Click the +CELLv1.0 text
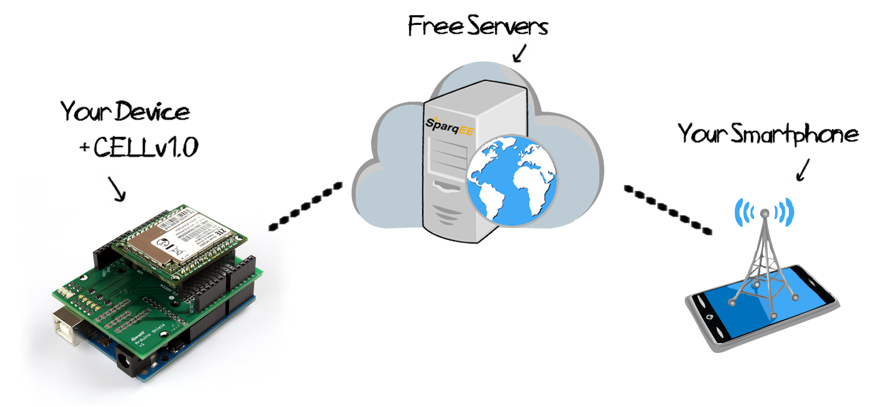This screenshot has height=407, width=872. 140,148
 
